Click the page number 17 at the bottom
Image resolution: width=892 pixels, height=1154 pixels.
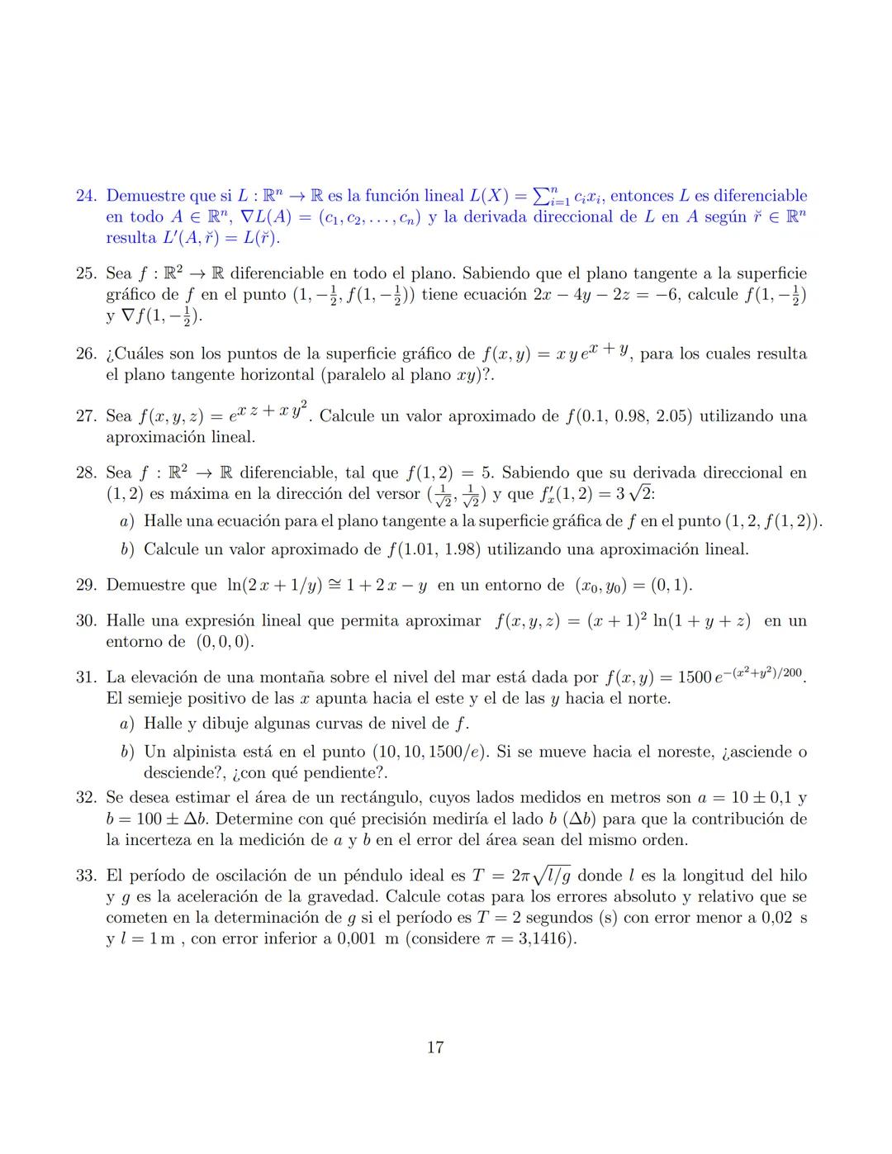435,1047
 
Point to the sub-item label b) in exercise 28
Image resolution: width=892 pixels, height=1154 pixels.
126,549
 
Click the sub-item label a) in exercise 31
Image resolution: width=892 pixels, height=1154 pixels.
126,724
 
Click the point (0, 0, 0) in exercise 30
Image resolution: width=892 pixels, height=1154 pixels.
225,642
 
